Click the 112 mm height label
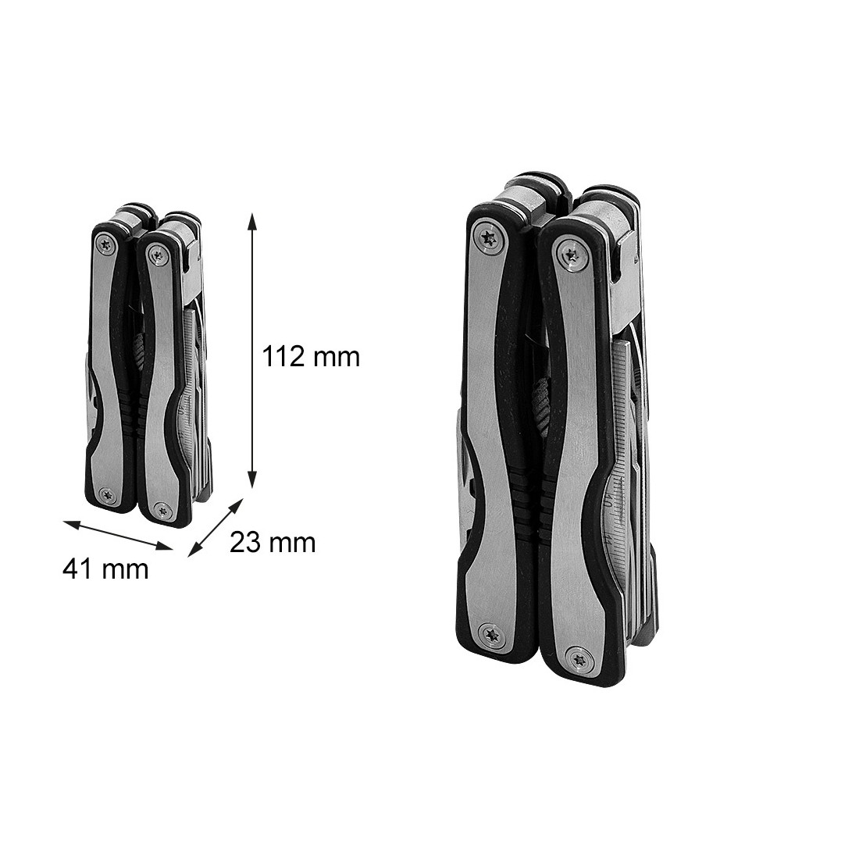tap(311, 357)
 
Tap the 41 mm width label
tap(105, 569)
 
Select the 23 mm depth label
tap(273, 543)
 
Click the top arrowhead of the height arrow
tap(252, 221)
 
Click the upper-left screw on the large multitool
tap(489, 238)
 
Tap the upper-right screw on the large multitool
tap(572, 255)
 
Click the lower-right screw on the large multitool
tap(579, 659)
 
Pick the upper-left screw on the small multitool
tap(105, 244)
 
